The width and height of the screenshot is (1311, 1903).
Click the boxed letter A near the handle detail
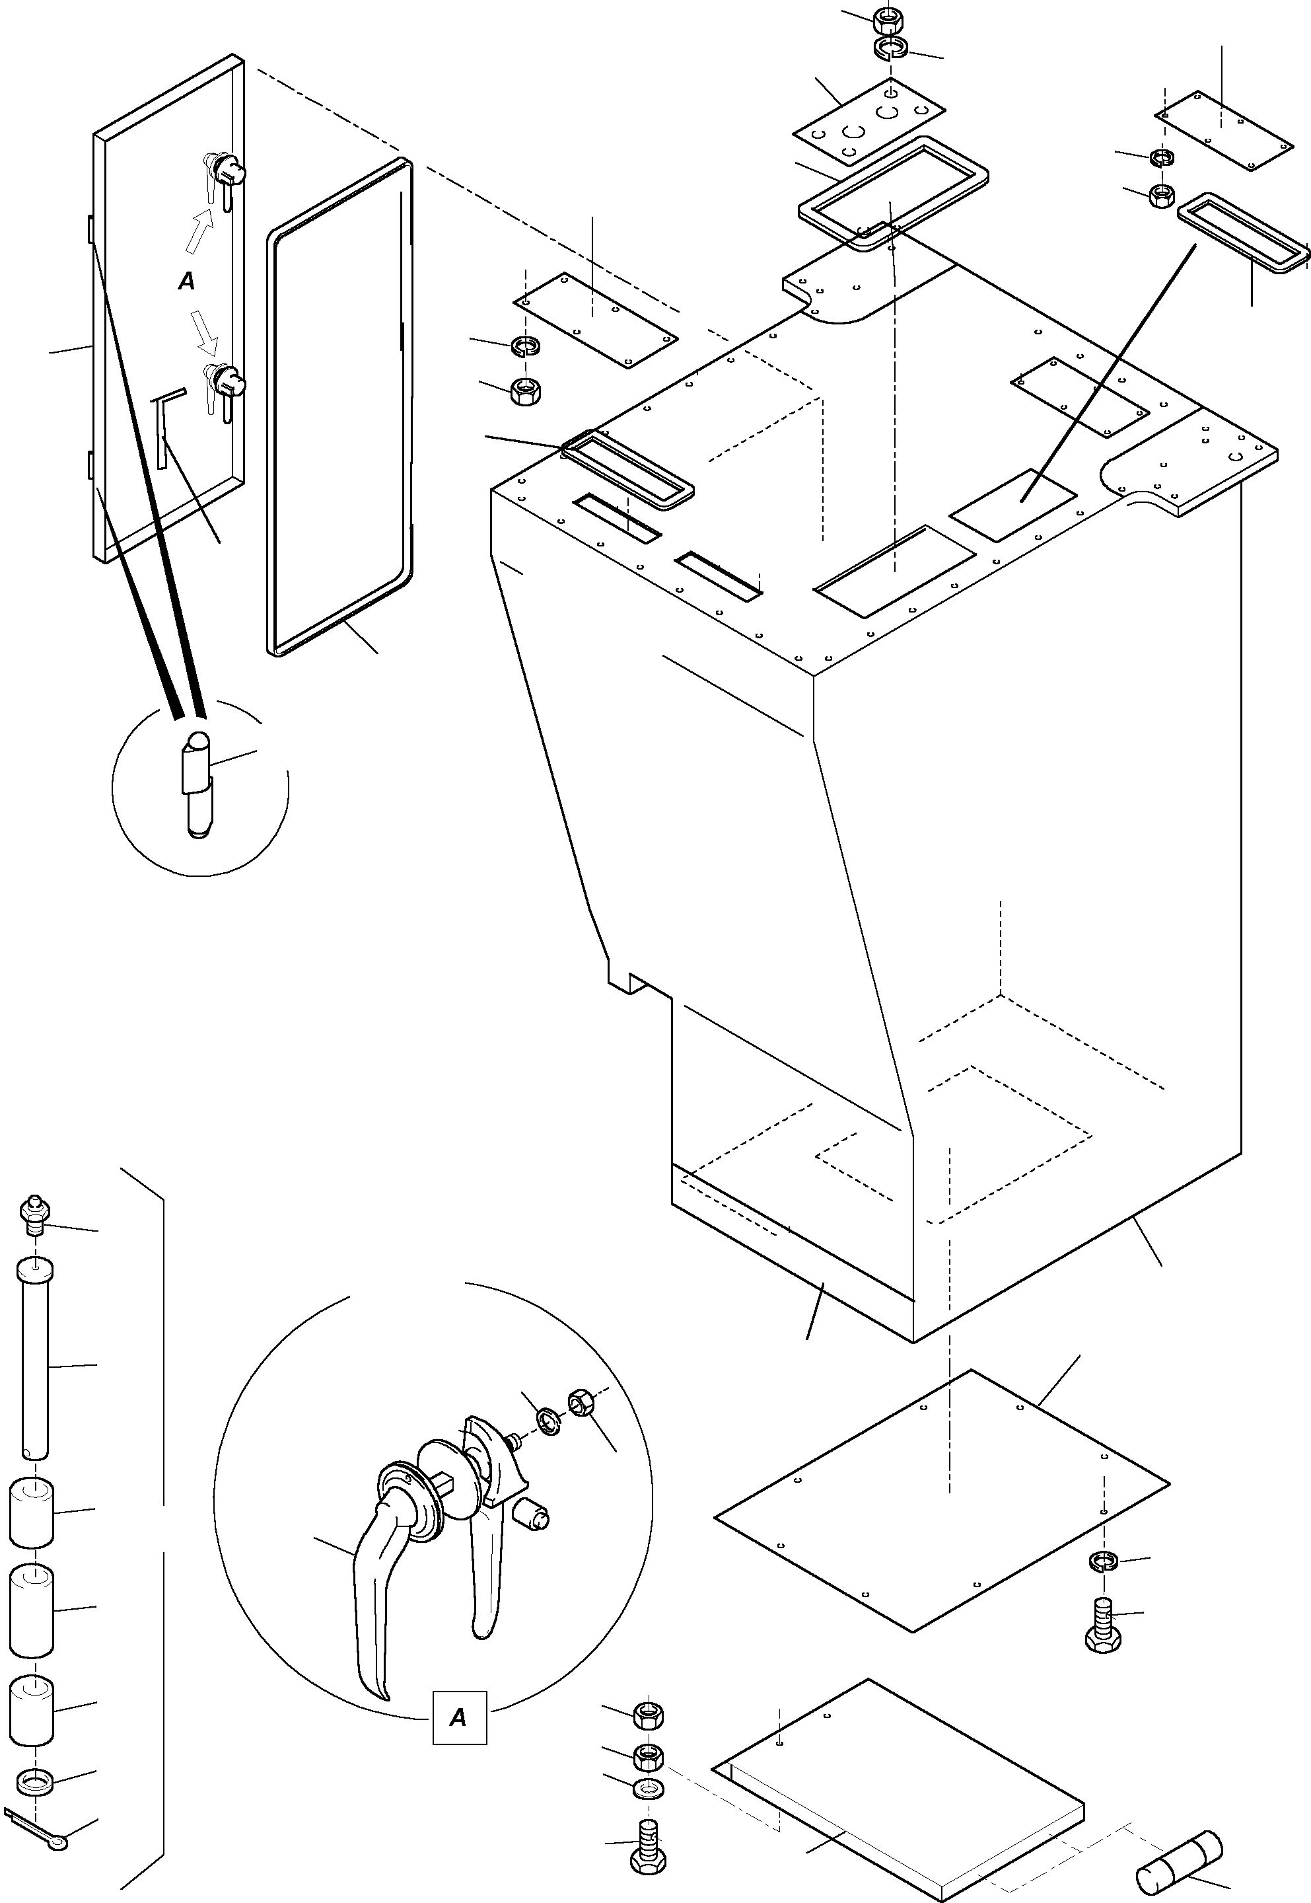[459, 1717]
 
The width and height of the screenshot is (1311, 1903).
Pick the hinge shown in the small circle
[197, 782]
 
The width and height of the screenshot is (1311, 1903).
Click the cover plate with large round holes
[869, 122]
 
